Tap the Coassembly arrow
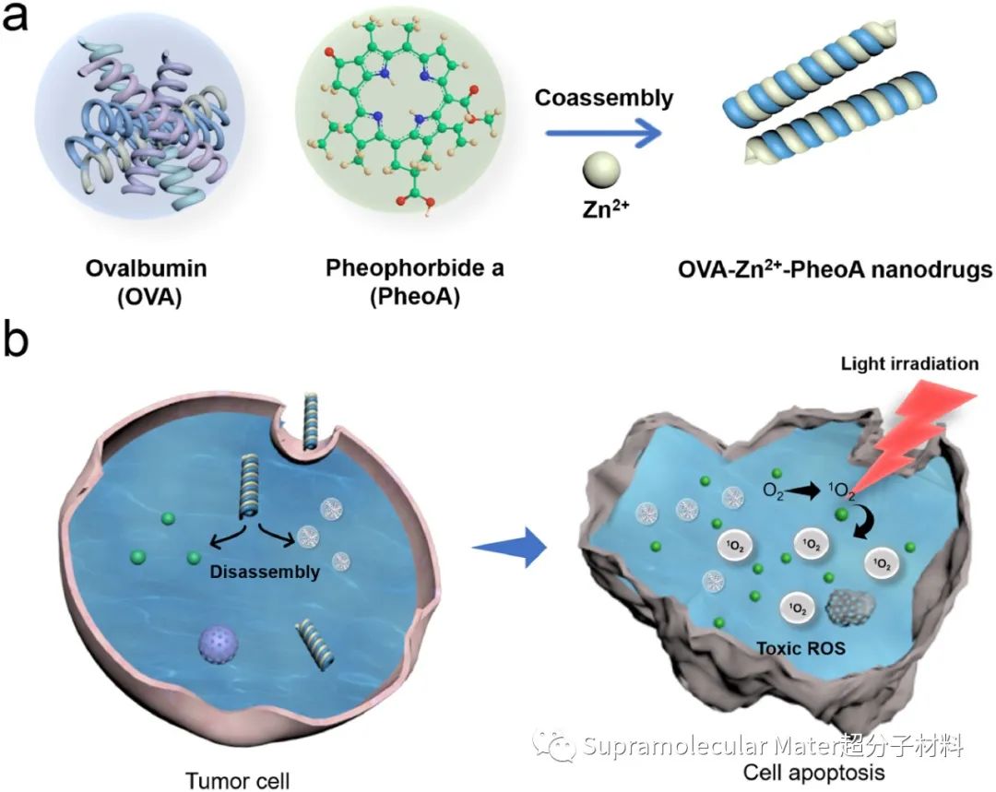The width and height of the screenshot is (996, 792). tap(603, 134)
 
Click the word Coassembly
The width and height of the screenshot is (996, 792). tap(604, 98)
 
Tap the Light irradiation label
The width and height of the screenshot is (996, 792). tap(909, 363)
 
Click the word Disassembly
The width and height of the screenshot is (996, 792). tap(265, 572)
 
